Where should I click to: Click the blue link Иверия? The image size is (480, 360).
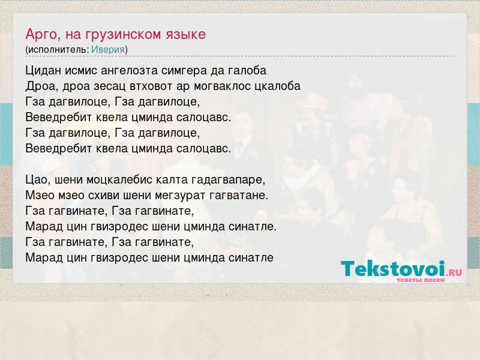click(108, 50)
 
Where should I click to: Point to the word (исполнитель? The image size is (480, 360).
click(57, 50)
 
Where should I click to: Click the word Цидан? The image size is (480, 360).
click(43, 71)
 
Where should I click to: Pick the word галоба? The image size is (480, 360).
click(247, 71)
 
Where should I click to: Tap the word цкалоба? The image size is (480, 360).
click(278, 86)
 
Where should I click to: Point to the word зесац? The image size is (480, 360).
click(110, 86)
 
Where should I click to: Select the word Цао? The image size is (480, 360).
click(38, 179)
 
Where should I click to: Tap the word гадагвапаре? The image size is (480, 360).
click(229, 180)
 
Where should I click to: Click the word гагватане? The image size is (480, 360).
click(239, 196)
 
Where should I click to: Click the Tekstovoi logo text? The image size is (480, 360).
click(393, 269)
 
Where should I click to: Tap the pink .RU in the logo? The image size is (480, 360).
click(454, 272)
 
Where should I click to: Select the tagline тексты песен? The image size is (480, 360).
click(421, 280)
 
